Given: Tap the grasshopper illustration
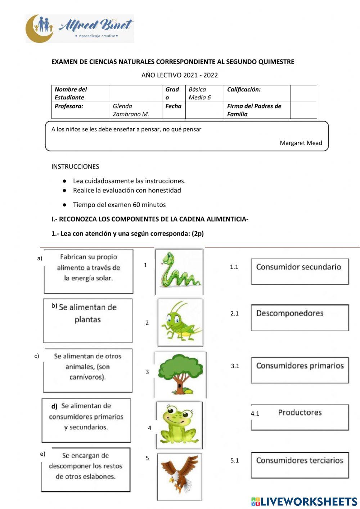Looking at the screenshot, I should pos(180,322).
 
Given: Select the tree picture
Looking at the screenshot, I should pos(180,374).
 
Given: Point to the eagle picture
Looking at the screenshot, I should pos(179,476).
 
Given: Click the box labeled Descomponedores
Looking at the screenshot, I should pos(300,317).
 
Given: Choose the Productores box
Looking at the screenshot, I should pos(300,416).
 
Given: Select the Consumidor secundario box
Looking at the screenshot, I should pos(300,271).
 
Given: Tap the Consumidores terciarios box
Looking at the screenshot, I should pos(300,465).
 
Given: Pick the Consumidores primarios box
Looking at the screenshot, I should pos(300,370).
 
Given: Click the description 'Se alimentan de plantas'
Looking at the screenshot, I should pos(88,320).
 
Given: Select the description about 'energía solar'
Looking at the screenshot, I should pos(88,271).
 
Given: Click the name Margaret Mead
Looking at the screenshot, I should pos(301,143).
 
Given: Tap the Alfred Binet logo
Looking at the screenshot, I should pos(80,28).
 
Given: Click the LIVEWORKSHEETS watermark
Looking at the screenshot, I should pos(304,501).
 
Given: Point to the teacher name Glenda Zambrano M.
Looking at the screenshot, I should pos(131,110).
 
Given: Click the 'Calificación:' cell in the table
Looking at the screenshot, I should pos(244,90).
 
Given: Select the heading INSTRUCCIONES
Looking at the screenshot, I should pos(75,166).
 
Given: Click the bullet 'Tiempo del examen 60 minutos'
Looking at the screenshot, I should pos(119,205).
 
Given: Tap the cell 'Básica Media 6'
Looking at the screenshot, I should pos(200,93).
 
